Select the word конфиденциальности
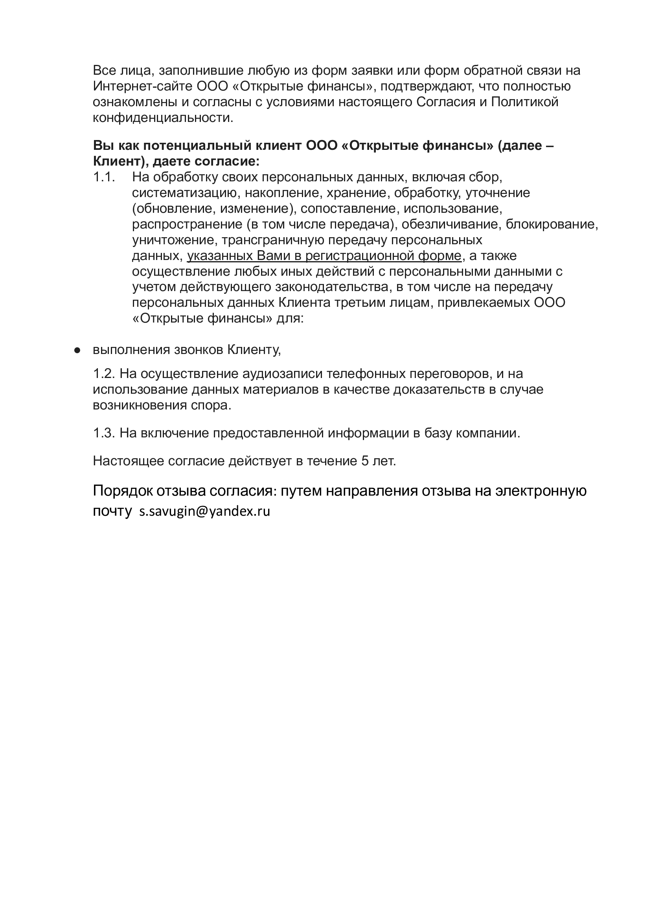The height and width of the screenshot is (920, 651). (162, 118)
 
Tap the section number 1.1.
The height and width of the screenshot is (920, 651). (104, 177)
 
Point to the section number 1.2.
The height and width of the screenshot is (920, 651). (104, 374)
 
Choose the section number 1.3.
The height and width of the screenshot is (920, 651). (104, 433)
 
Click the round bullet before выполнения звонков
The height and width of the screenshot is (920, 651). (77, 350)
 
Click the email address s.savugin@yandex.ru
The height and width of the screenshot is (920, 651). (204, 511)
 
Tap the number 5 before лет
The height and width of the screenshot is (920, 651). (365, 461)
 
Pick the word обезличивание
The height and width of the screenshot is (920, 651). (450, 224)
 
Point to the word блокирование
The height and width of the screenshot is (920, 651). (552, 224)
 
